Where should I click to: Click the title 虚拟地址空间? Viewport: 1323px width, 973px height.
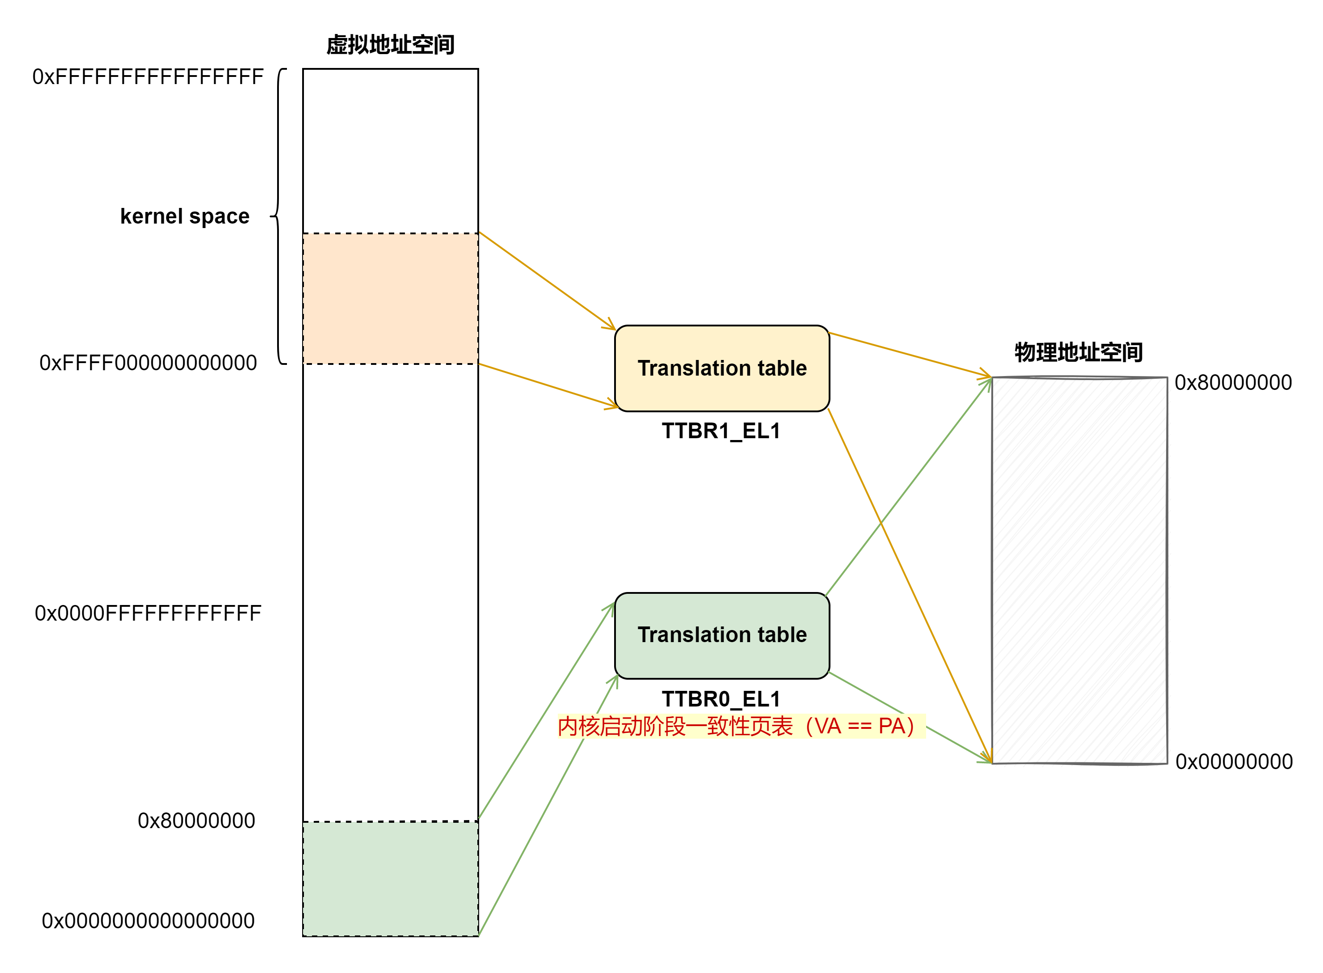[x=390, y=45]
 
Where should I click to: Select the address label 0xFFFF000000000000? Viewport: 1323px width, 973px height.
[x=148, y=363]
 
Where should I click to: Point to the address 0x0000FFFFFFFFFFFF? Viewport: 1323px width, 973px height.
[x=148, y=613]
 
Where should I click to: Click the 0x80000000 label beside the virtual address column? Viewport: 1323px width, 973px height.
[x=196, y=821]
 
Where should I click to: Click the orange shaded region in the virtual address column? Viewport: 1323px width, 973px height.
[x=390, y=299]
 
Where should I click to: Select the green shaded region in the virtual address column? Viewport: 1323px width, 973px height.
[x=390, y=878]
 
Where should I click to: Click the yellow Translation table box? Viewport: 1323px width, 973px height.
[x=722, y=368]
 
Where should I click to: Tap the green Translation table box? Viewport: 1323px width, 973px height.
[x=722, y=635]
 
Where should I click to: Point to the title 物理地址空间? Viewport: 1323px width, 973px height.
[x=1079, y=352]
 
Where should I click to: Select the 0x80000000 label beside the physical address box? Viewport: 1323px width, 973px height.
[x=1233, y=383]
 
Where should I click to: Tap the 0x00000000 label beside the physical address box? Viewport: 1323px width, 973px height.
[x=1234, y=761]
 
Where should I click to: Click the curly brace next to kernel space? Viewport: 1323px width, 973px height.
[x=278, y=216]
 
